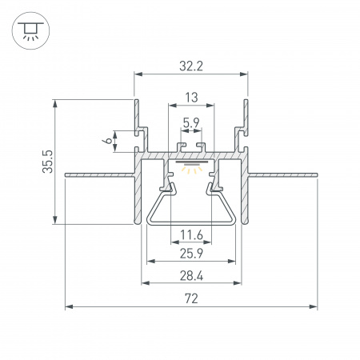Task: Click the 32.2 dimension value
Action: pos(190,66)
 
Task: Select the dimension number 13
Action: pos(190,97)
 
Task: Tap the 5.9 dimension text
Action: pos(191,123)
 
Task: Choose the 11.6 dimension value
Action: pos(190,234)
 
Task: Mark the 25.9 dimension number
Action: pos(190,253)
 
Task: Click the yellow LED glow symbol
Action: pos(190,169)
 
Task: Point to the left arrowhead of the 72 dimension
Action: pos(68,306)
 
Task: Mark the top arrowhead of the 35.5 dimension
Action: pos(55,101)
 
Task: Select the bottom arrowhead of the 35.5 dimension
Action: pos(55,223)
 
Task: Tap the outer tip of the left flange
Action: pos(66,172)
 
